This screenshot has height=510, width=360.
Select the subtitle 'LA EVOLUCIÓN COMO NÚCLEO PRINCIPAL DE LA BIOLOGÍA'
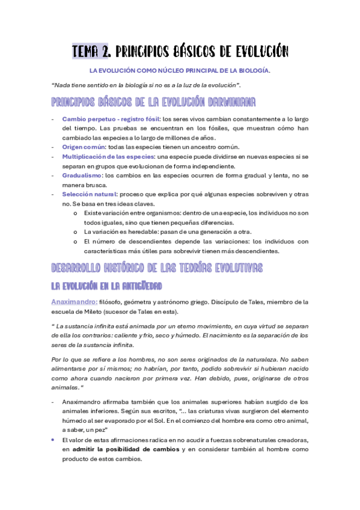point(180,70)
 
